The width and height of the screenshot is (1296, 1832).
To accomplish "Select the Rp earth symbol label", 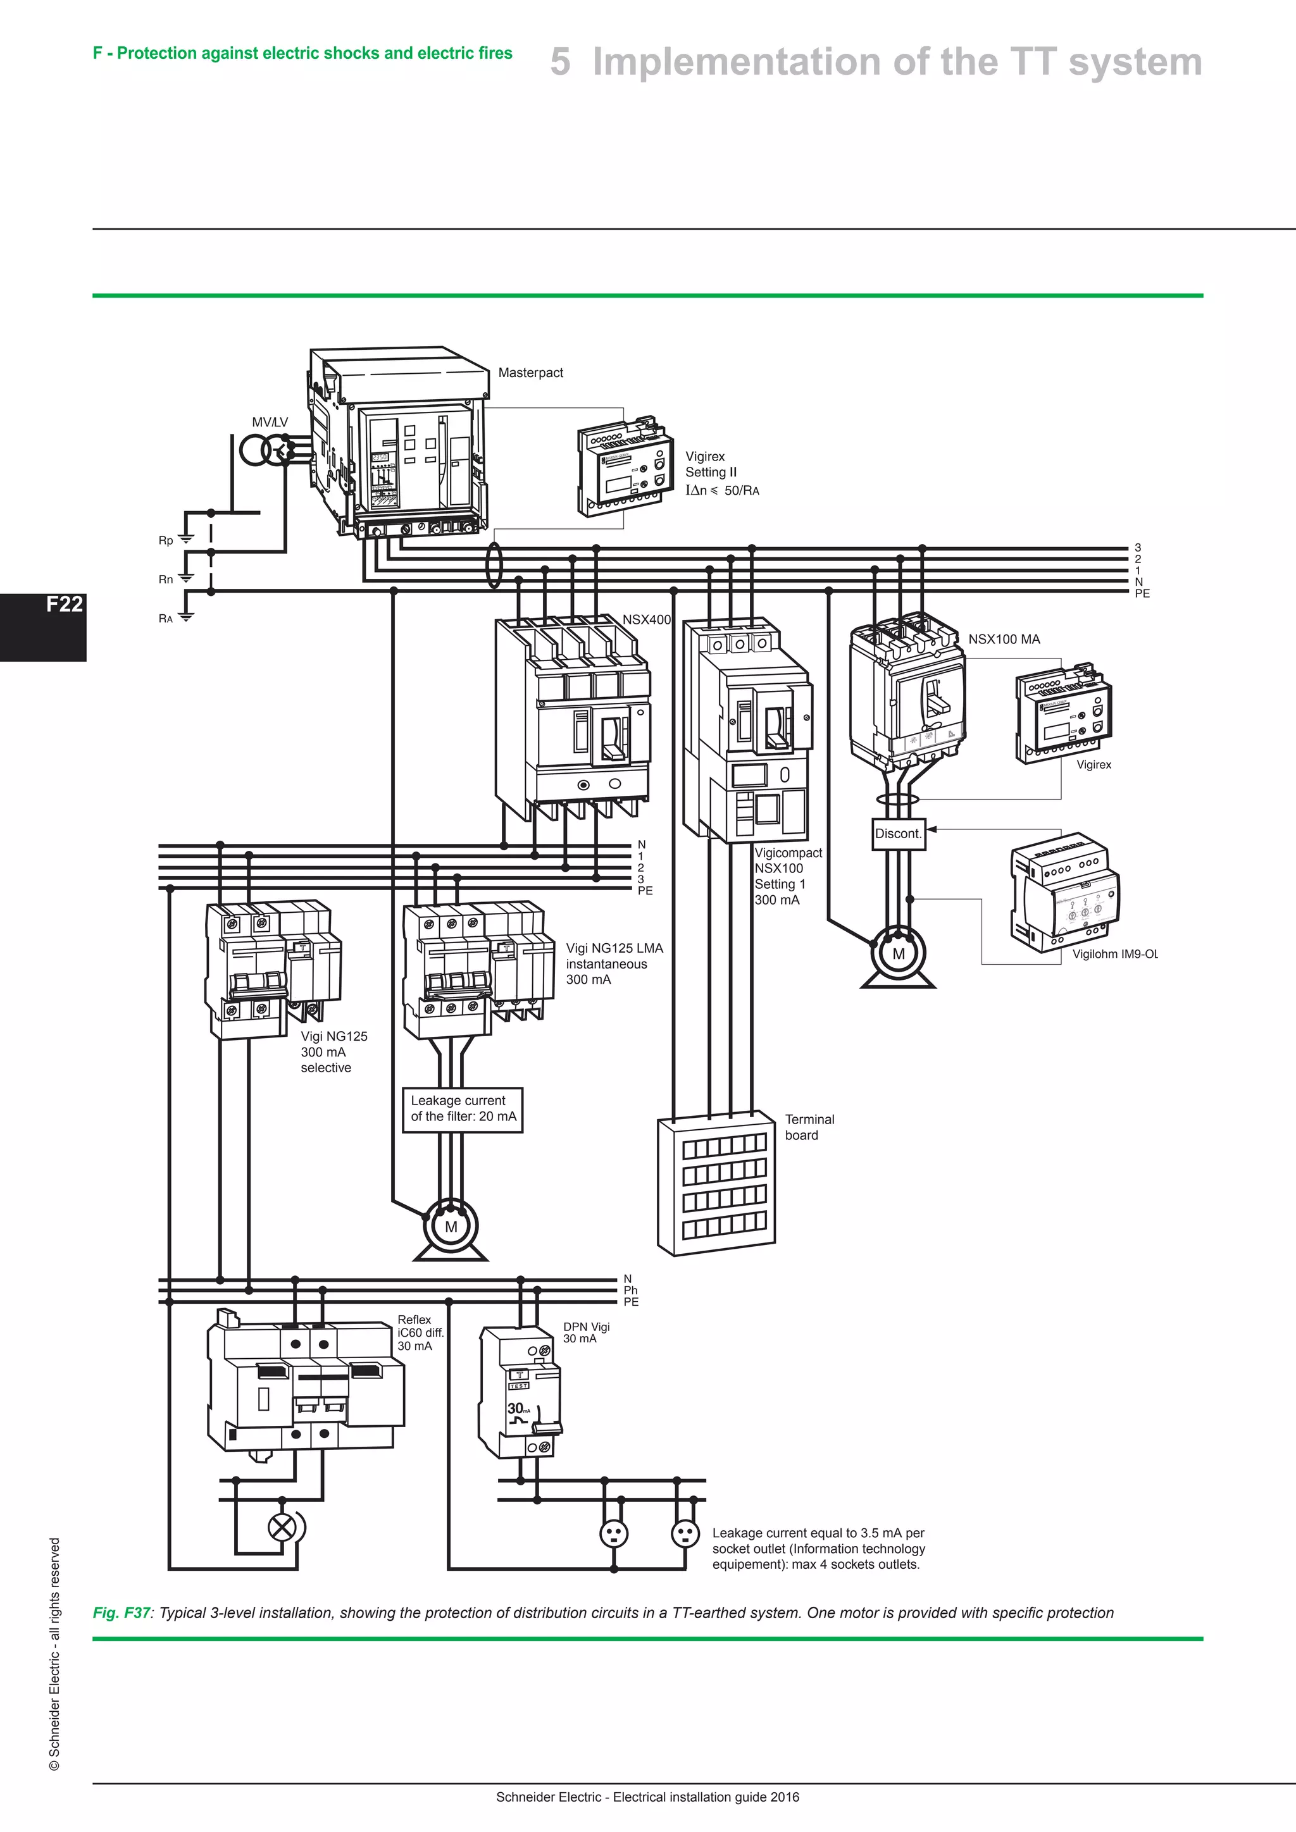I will click(x=165, y=540).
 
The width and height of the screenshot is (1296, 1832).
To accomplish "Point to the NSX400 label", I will click(x=646, y=619).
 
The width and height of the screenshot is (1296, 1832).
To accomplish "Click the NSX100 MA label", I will click(x=1003, y=639).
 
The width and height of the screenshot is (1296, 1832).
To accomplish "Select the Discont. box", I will click(x=898, y=834).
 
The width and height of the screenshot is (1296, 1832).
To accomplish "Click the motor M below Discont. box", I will click(x=898, y=955).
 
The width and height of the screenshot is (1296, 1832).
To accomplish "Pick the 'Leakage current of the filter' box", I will click(x=463, y=1108).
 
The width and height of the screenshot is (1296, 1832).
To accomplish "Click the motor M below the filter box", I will click(x=451, y=1227).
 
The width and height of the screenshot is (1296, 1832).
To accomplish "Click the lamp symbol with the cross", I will click(x=281, y=1528).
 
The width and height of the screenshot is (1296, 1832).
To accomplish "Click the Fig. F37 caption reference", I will click(x=121, y=1612).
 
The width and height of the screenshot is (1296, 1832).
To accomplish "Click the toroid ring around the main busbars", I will click(x=494, y=565).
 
